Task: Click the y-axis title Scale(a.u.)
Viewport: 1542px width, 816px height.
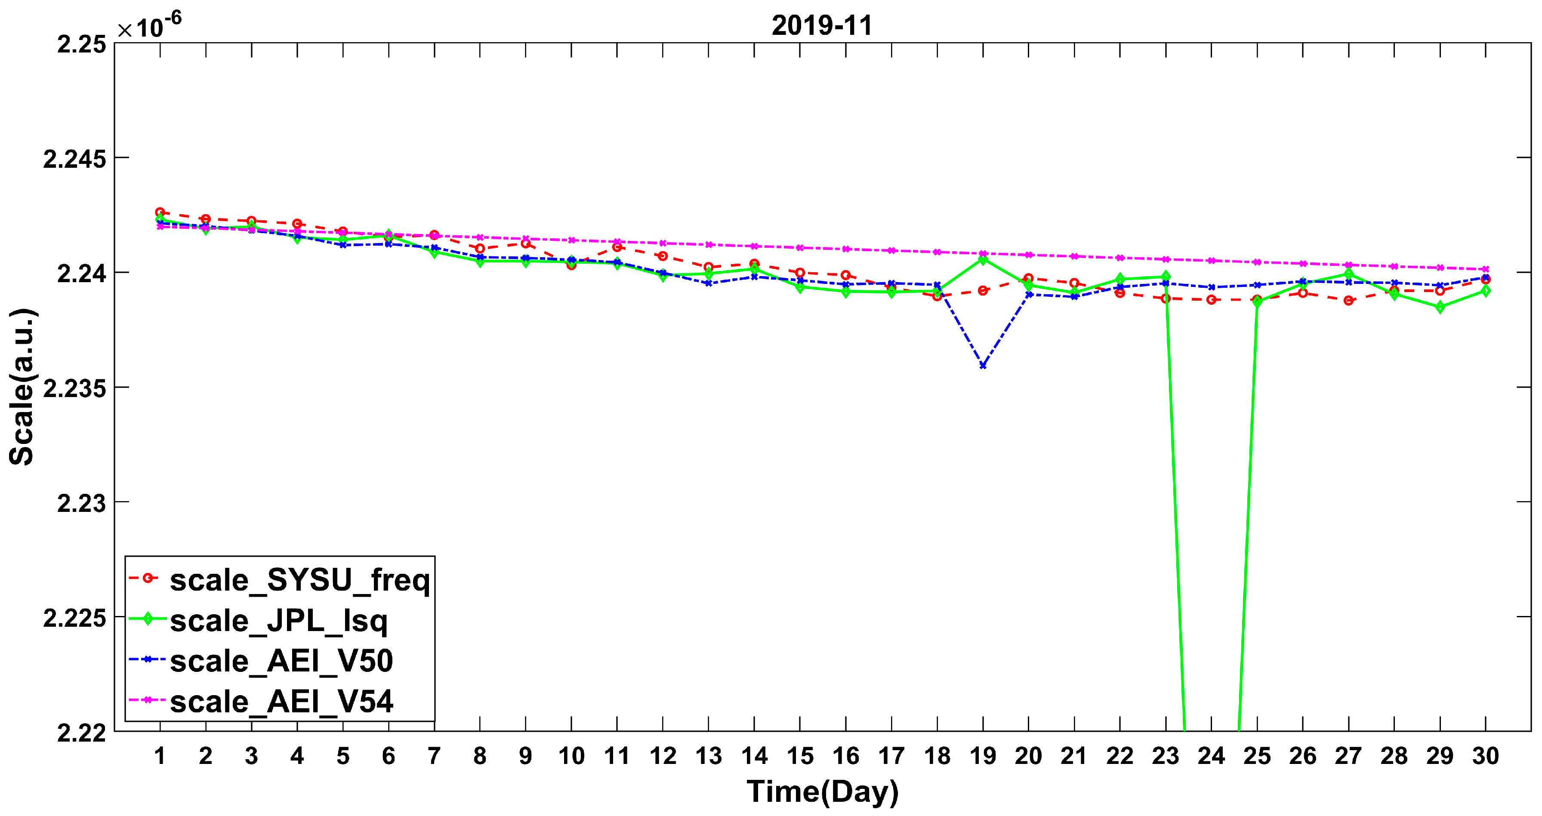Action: coord(22,387)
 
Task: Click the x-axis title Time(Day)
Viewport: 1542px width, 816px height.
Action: coord(823,791)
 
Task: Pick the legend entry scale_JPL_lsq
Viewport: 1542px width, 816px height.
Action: coord(278,620)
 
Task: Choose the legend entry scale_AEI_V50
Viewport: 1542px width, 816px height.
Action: coord(281,661)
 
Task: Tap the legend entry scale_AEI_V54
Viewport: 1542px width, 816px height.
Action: coord(281,701)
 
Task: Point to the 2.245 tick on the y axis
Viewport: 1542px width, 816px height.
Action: coord(74,159)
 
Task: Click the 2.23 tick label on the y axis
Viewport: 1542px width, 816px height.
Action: coord(81,503)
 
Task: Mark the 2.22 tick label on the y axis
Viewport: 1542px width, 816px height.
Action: coord(81,733)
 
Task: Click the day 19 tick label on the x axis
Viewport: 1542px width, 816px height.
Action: coord(983,756)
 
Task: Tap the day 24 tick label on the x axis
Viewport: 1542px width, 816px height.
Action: coord(1211,756)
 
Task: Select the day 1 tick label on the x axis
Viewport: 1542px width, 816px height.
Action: coord(160,756)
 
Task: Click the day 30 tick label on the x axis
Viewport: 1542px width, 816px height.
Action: coord(1485,756)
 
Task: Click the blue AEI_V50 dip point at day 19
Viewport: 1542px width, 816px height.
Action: coord(983,365)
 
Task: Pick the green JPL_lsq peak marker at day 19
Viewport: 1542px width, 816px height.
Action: coord(983,260)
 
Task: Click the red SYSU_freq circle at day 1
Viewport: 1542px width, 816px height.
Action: coord(160,212)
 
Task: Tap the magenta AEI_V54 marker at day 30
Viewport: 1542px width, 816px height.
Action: coord(1485,269)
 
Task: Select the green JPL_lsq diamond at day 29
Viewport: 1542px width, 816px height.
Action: coord(1440,307)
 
